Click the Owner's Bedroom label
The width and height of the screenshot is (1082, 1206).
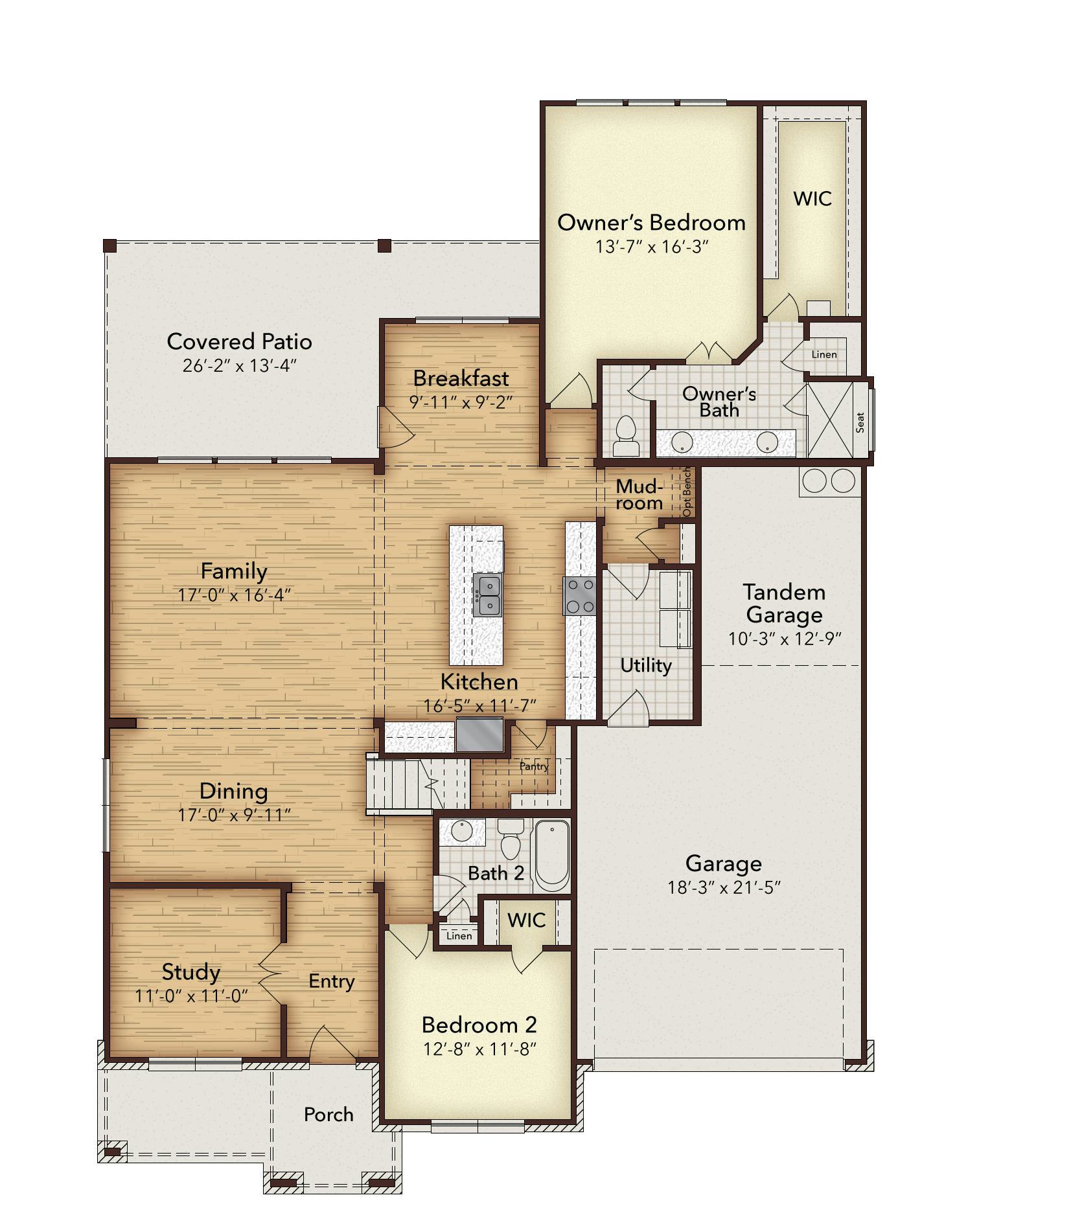[x=651, y=223]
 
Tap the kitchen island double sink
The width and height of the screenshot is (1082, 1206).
[x=487, y=595]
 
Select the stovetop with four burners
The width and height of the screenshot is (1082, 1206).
[x=579, y=597]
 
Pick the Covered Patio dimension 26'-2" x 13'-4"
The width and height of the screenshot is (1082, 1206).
[x=239, y=366]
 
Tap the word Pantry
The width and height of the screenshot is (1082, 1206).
[x=534, y=766]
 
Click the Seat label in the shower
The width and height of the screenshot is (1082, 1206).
[x=860, y=423]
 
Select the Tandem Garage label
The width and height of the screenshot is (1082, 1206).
[x=784, y=603]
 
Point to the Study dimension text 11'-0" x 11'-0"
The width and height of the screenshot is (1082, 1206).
[x=192, y=996]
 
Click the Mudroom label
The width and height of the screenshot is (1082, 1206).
[x=639, y=495]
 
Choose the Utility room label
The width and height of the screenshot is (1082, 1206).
[x=646, y=666]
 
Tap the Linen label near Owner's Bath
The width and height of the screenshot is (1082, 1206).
[x=824, y=354]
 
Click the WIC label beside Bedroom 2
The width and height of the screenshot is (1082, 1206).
[x=526, y=920]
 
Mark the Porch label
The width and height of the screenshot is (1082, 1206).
[x=329, y=1115]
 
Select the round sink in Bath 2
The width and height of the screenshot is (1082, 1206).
[x=463, y=832]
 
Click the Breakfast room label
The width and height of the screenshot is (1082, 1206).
[x=461, y=378]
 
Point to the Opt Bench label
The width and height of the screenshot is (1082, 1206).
[x=687, y=492]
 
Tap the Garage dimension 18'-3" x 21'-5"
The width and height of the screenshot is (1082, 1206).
[x=724, y=887]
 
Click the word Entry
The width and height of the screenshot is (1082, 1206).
[x=332, y=982]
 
